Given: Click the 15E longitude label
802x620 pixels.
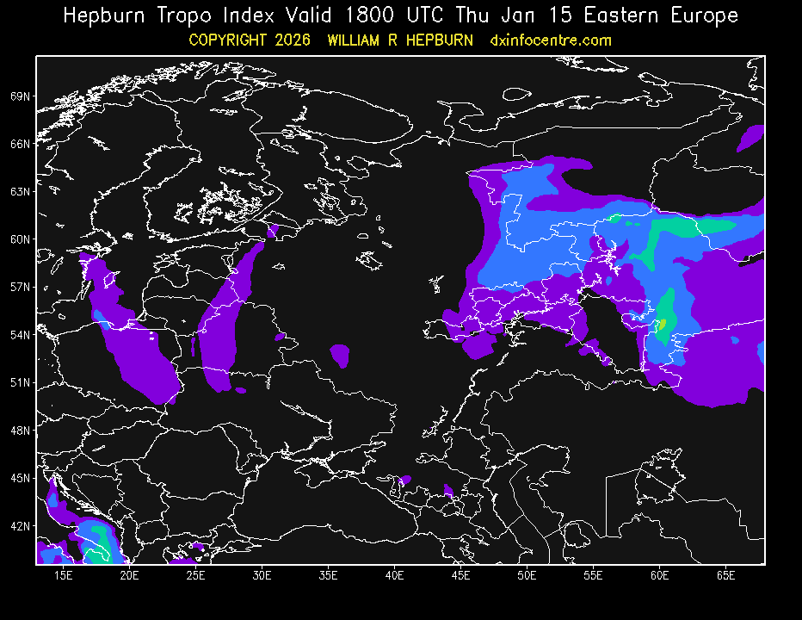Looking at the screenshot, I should tap(63, 574).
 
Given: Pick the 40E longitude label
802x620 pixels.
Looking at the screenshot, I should tap(394, 574).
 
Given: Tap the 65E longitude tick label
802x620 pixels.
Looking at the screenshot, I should tap(725, 574).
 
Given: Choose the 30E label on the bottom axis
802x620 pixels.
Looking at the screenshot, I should tap(262, 574).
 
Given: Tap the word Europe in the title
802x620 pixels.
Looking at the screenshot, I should tap(704, 15).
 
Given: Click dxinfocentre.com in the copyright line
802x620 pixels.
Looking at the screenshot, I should tap(550, 40).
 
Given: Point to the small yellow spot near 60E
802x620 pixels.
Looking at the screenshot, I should tap(663, 325).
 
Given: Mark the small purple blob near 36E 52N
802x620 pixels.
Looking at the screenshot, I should tap(340, 354).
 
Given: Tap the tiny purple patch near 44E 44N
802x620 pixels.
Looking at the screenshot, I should tap(447, 491).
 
